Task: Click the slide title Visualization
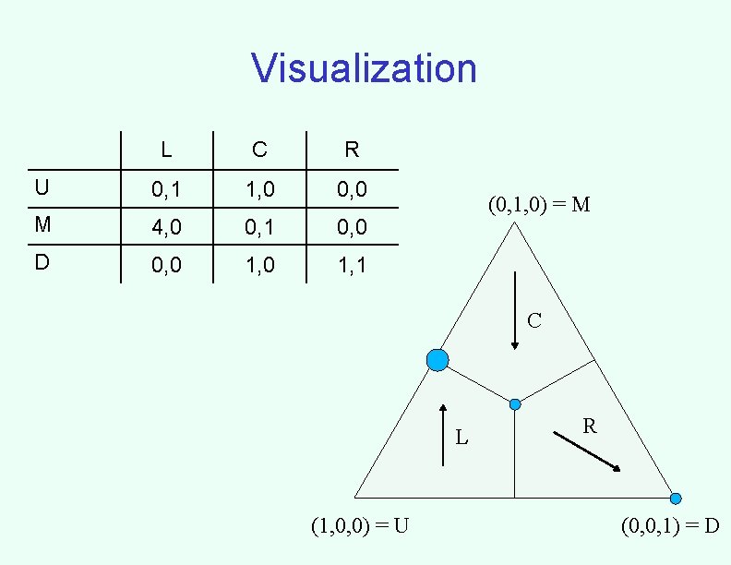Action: (364, 68)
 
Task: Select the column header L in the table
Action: (165, 149)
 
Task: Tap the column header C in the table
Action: (259, 149)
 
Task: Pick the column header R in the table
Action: (352, 149)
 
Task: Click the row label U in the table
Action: (42, 188)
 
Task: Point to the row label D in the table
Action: (42, 262)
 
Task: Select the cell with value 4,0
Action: (166, 226)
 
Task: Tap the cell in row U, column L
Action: (166, 189)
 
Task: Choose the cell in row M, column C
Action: (259, 226)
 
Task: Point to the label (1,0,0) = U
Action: (361, 526)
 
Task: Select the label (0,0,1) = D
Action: (670, 526)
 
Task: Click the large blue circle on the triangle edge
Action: (438, 360)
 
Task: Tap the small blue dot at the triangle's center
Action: (515, 404)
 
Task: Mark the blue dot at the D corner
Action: (676, 499)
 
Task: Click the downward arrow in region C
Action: (515, 310)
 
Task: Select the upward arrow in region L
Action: (444, 434)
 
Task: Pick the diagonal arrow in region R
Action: (587, 451)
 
